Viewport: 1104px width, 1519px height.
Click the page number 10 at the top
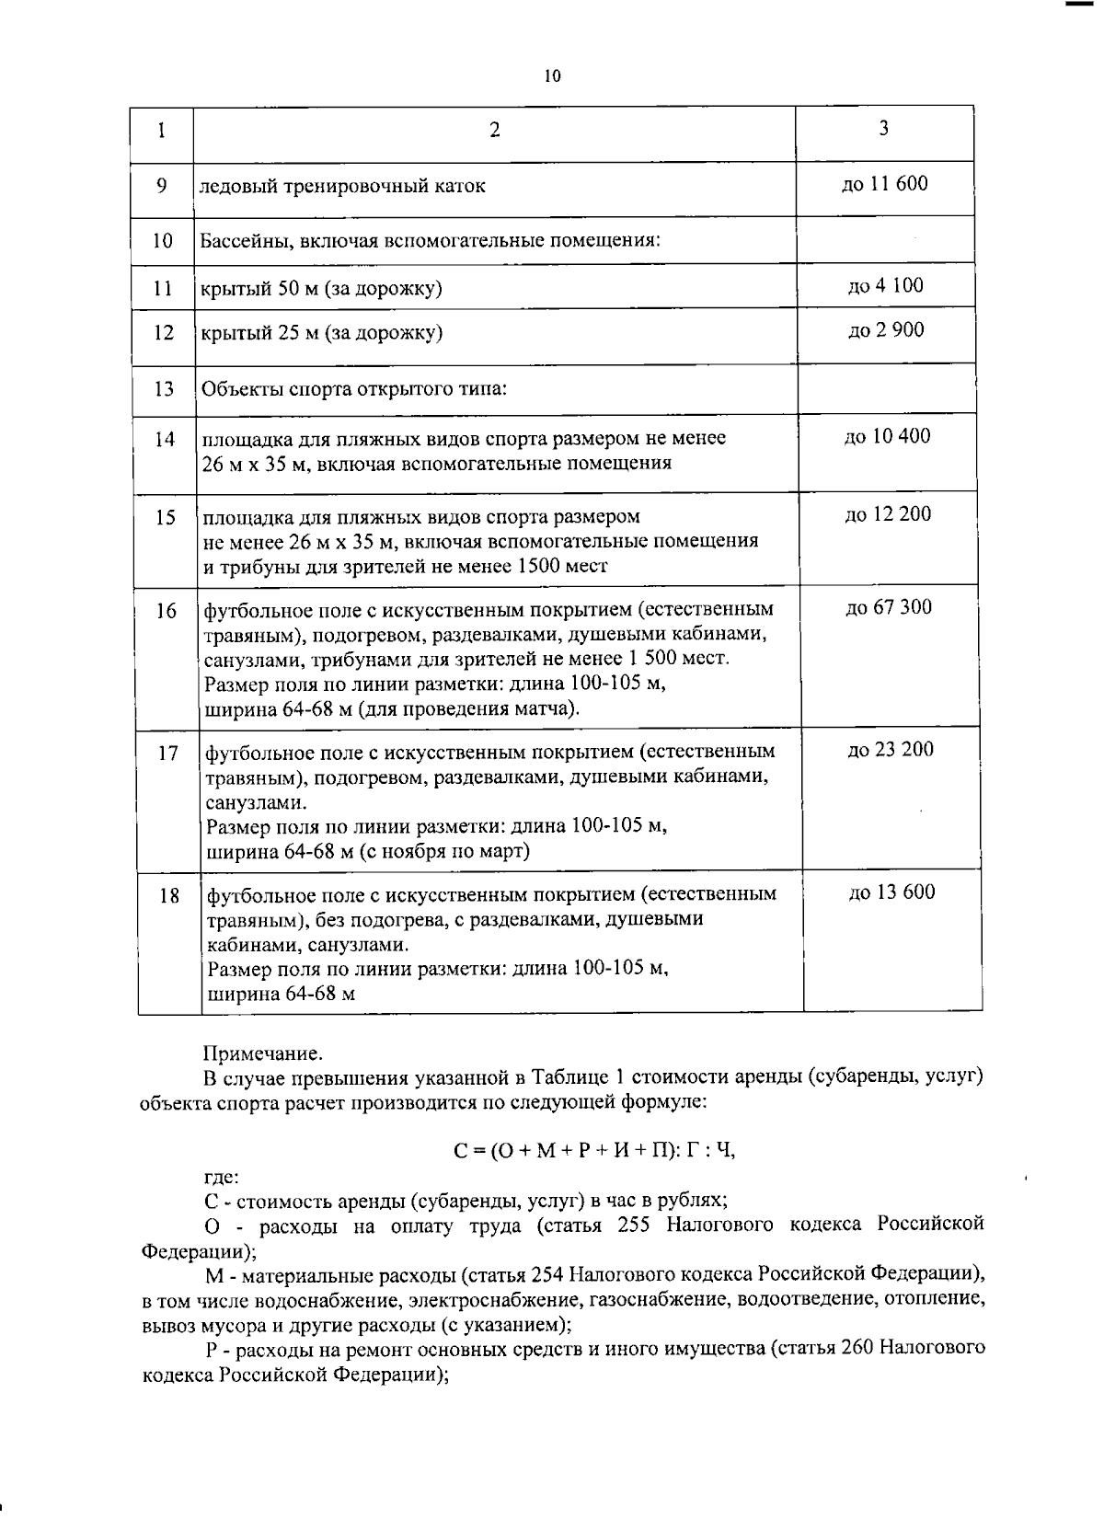click(x=552, y=76)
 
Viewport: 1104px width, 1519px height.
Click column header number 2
click(x=494, y=130)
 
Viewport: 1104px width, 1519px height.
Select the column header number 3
click(x=883, y=128)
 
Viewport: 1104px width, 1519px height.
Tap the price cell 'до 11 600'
click(x=884, y=183)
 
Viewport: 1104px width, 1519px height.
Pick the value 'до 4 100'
click(x=885, y=285)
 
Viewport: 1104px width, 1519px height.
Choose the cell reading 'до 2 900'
click(x=885, y=329)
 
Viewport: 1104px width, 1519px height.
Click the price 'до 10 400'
click(x=887, y=436)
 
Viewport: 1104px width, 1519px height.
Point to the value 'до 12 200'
click(x=888, y=514)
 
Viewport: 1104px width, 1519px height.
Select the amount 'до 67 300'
click(x=889, y=607)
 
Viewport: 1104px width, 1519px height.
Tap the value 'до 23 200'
click(x=890, y=750)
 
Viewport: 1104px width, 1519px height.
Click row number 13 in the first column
click(x=164, y=388)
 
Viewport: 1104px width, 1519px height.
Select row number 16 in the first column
click(x=166, y=610)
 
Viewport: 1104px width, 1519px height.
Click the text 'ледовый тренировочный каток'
click(x=343, y=186)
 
